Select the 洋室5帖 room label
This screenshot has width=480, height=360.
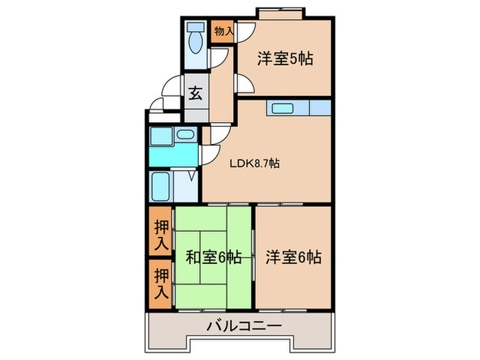coord(285,58)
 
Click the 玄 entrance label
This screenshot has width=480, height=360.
coord(195,94)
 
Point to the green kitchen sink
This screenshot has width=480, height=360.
coord(282,108)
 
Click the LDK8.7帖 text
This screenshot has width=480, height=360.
coord(254,163)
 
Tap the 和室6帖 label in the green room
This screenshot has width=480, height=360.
coord(213,257)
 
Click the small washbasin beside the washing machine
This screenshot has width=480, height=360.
coord(186,136)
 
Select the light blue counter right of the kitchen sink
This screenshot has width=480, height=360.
coord(320,108)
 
